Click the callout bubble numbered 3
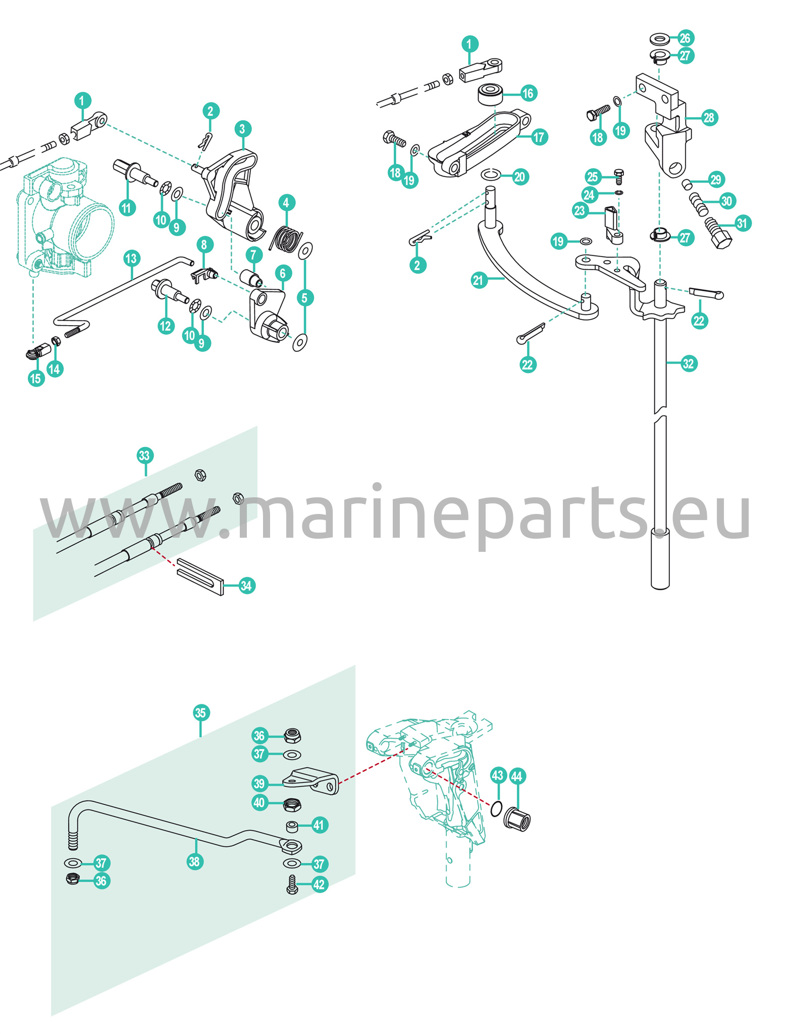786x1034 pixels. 242,129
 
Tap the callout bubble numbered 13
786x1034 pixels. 131,259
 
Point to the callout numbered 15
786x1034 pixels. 36,378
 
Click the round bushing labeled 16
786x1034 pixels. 492,94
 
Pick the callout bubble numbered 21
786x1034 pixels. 479,280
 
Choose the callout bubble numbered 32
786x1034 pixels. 689,364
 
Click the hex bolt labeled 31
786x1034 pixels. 718,232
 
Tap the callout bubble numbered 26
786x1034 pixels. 685,38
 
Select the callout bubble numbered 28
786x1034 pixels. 709,118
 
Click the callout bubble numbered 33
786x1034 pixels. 145,455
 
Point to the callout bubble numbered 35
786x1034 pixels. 201,713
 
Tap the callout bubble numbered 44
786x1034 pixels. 517,777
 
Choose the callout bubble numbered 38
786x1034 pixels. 195,861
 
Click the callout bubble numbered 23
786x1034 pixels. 580,210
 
